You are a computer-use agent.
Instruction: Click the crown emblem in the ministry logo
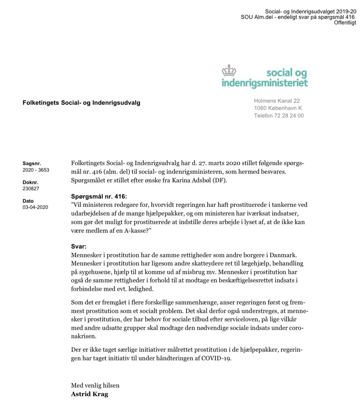(x=229, y=70)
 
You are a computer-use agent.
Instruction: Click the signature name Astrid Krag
(x=89, y=394)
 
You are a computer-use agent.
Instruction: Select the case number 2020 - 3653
(x=36, y=170)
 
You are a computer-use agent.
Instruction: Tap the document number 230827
(x=31, y=189)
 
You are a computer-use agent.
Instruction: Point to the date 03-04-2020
(x=35, y=207)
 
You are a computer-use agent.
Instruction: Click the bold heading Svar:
(x=79, y=247)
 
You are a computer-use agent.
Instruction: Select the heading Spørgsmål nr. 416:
(x=99, y=197)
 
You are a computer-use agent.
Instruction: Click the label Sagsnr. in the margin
(x=31, y=163)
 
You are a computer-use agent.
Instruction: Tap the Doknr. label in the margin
(x=30, y=182)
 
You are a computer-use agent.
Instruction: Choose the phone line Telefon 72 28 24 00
(x=279, y=116)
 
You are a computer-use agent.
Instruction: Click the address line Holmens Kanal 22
(x=277, y=101)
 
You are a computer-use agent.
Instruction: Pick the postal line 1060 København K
(x=278, y=108)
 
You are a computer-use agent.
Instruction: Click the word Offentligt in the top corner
(x=345, y=23)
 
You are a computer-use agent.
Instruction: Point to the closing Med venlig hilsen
(x=95, y=385)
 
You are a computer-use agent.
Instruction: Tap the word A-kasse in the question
(x=138, y=230)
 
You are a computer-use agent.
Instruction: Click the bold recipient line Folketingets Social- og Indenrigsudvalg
(x=81, y=102)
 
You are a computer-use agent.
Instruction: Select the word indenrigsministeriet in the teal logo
(x=264, y=83)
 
